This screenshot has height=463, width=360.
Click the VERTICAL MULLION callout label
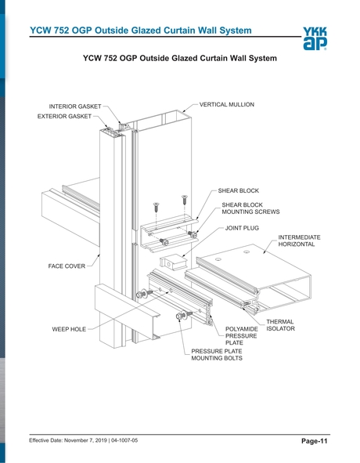226,104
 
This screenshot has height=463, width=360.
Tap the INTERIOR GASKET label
74,107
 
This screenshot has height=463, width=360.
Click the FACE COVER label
67,266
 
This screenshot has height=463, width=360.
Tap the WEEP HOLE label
69,330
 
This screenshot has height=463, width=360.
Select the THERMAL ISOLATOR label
281,325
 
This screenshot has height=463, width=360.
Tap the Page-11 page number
314,443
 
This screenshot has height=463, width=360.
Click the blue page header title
140,31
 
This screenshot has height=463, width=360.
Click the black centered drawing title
179,59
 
